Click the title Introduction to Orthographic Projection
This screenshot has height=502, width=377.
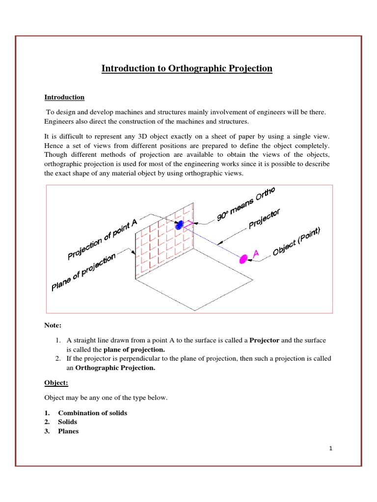click(x=187, y=68)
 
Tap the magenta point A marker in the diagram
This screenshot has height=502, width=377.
click(x=243, y=259)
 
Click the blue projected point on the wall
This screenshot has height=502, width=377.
click(x=180, y=225)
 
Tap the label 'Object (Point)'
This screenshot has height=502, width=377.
click(x=296, y=243)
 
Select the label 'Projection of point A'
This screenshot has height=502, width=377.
click(x=102, y=240)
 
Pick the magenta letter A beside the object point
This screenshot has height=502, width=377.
click(x=255, y=252)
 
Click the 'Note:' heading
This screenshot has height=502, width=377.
click(x=53, y=325)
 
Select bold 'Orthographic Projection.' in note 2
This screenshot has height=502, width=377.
click(x=114, y=368)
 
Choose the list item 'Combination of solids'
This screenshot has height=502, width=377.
click(x=92, y=413)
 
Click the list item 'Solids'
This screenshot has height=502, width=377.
click(x=67, y=422)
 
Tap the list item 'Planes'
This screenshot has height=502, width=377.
click(x=68, y=431)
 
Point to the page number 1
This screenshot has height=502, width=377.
click(x=330, y=448)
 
